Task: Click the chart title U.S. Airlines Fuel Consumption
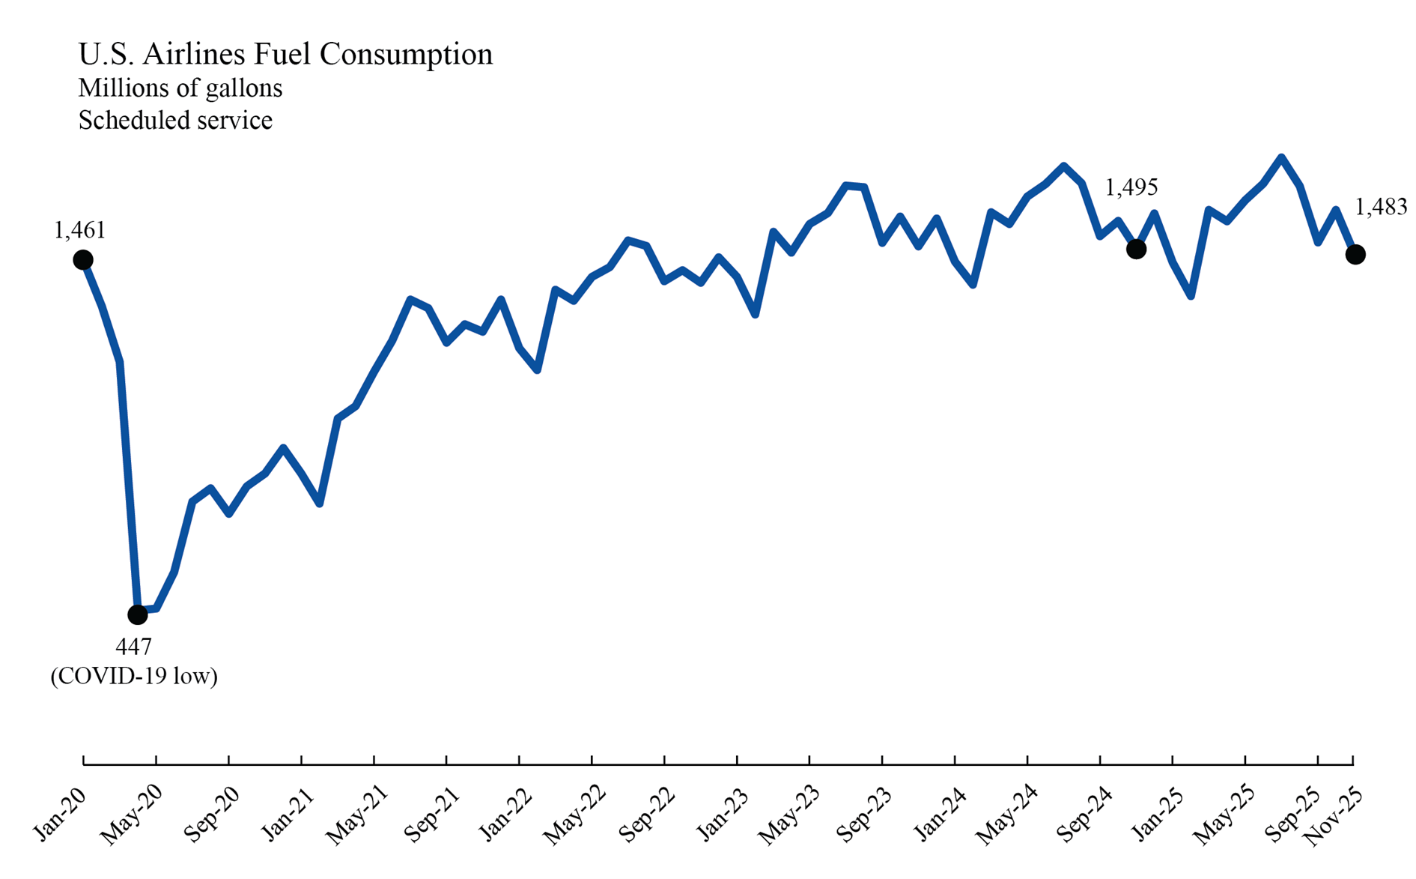[285, 55]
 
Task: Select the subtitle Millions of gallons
[180, 88]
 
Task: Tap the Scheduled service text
[175, 121]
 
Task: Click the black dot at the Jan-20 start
[83, 260]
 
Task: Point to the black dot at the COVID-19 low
[138, 614]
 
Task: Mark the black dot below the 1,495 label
[1136, 250]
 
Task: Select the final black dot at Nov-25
[1355, 255]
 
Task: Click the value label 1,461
[80, 230]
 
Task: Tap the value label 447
[133, 646]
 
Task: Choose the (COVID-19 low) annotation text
[134, 676]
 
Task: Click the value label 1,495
[1131, 187]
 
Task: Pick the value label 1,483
[1381, 207]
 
